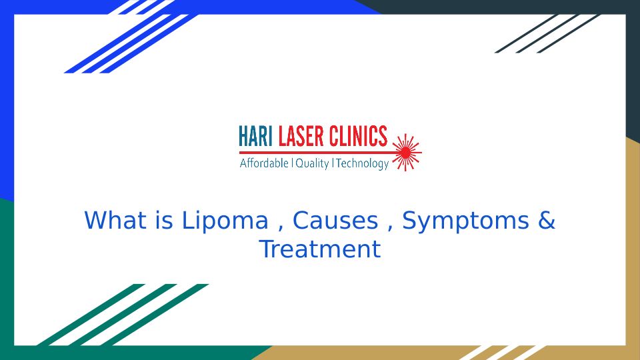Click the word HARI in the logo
pyautogui.click(x=255, y=136)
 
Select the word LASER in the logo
pyautogui.click(x=301, y=136)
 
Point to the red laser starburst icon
pyautogui.click(x=407, y=152)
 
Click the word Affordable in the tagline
pyautogui.click(x=264, y=163)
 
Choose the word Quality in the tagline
pyautogui.click(x=312, y=164)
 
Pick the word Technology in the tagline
pyautogui.click(x=362, y=164)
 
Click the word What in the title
pyautogui.click(x=115, y=220)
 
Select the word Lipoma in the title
pyautogui.click(x=225, y=221)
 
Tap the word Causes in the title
pyautogui.click(x=335, y=221)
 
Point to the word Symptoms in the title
pyautogui.click(x=466, y=221)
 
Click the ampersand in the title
pyautogui.click(x=547, y=221)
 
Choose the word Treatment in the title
pyautogui.click(x=320, y=249)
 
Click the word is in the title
pyautogui.click(x=164, y=220)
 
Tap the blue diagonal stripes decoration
pyautogui.click(x=130, y=37)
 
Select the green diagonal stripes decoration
pyautogui.click(x=123, y=315)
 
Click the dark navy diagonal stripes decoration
pyautogui.click(x=547, y=33)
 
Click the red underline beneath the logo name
pyautogui.click(x=316, y=153)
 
